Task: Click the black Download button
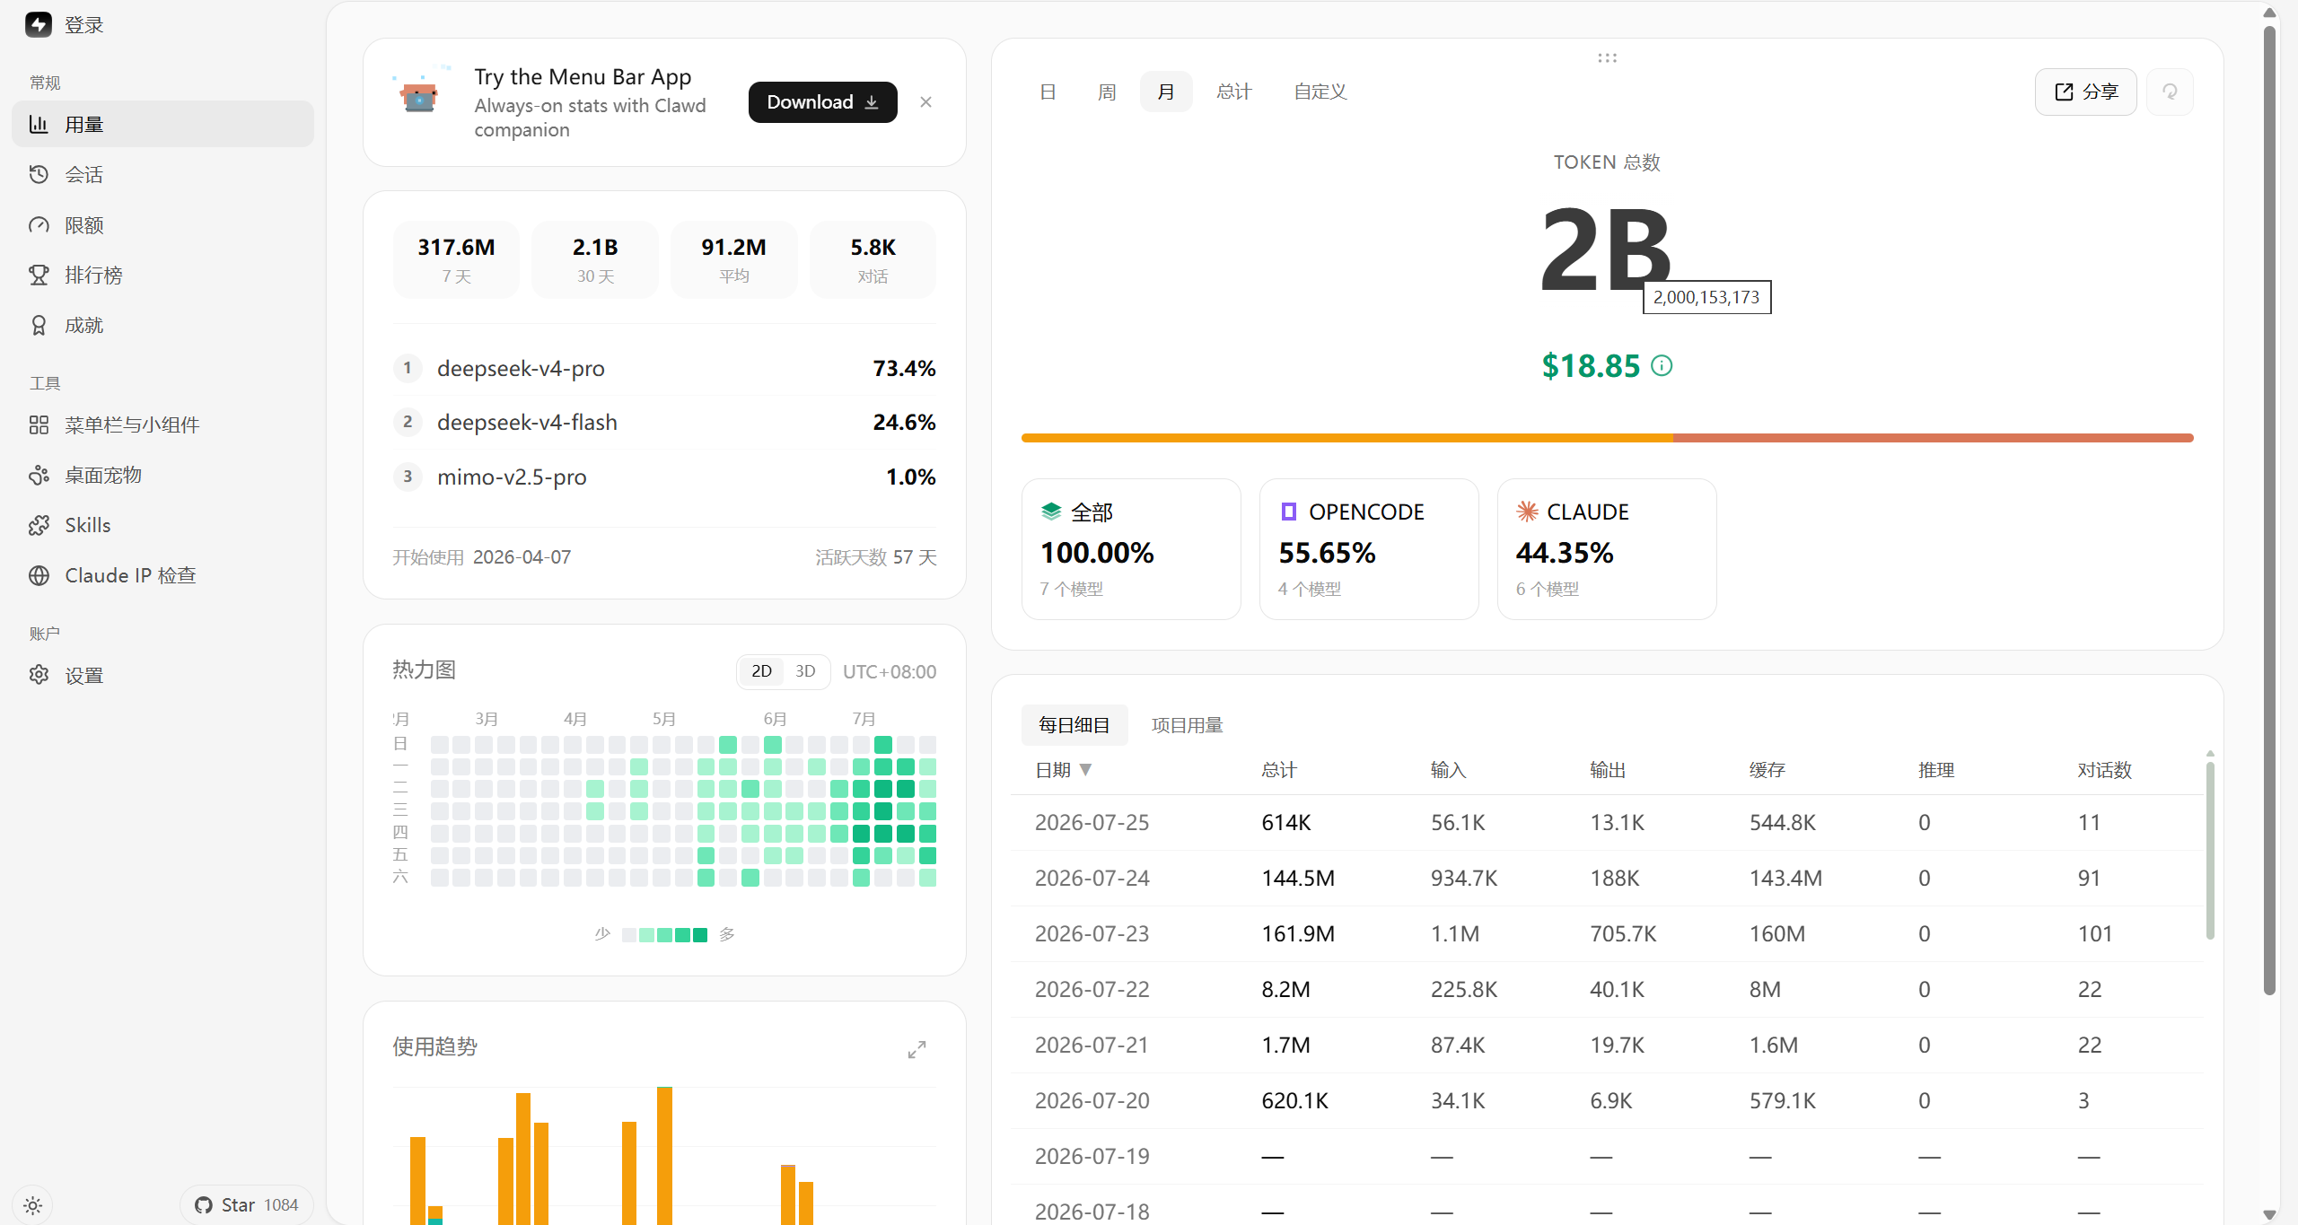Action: (822, 102)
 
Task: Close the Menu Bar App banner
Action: (925, 102)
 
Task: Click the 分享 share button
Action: (2085, 92)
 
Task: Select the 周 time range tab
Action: (1107, 92)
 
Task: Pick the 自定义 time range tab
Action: (1320, 92)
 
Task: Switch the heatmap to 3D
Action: (805, 671)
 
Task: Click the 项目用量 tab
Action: (1187, 725)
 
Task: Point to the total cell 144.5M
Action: (1298, 878)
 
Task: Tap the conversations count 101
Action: (2095, 933)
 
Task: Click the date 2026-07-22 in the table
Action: (1092, 989)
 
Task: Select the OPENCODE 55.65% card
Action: (1369, 548)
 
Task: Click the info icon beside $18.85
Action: (1662, 365)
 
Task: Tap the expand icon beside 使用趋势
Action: (917, 1049)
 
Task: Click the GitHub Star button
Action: (247, 1204)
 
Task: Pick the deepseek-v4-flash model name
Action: (527, 422)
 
